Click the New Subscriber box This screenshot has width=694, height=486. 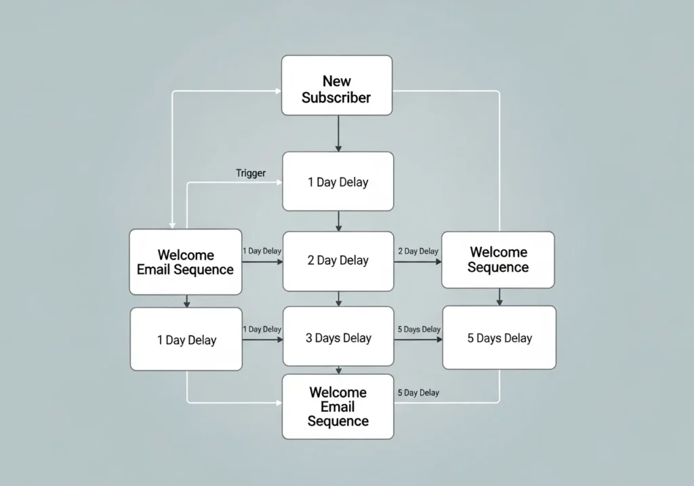pos(337,85)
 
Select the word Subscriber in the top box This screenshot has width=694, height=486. pos(336,98)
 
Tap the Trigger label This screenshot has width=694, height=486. pos(251,174)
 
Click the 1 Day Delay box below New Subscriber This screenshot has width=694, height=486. pos(338,182)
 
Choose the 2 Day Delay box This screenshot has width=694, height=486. pos(338,260)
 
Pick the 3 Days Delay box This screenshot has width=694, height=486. pos(338,338)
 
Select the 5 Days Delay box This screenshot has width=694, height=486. pos(499,338)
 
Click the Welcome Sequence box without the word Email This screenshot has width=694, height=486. pos(497,260)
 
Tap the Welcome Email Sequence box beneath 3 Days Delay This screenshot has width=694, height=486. pos(338,407)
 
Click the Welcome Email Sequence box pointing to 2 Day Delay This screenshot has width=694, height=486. pos(185,262)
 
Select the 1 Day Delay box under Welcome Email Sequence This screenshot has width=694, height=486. pos(186,340)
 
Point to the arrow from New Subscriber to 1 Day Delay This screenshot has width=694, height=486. pos(338,134)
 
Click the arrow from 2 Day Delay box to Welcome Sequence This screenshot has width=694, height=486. pos(417,261)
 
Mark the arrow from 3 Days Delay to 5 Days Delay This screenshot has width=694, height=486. pos(417,339)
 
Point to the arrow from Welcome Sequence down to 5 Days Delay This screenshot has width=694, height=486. pos(499,297)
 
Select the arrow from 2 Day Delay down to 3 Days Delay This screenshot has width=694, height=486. pos(338,299)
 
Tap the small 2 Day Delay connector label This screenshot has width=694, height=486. pos(417,251)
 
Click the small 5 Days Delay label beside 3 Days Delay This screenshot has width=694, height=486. pos(418,329)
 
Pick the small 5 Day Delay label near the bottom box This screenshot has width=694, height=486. pos(417,392)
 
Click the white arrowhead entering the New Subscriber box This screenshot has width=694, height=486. pos(278,91)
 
